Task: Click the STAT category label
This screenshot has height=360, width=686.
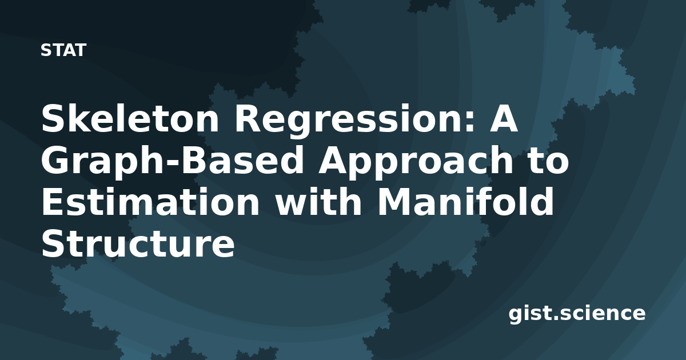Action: coord(63,50)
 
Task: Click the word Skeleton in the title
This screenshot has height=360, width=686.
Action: coord(130,118)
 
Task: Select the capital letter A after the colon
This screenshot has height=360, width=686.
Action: coord(504,118)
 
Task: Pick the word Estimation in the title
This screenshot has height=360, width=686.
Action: coord(150,201)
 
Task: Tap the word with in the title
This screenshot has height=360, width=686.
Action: coord(318,201)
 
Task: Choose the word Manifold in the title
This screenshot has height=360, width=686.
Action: coord(466,201)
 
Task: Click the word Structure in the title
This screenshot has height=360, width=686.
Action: coord(138,243)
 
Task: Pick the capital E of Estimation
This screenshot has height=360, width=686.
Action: coord(53,201)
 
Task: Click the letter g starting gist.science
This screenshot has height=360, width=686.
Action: coord(516,316)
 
